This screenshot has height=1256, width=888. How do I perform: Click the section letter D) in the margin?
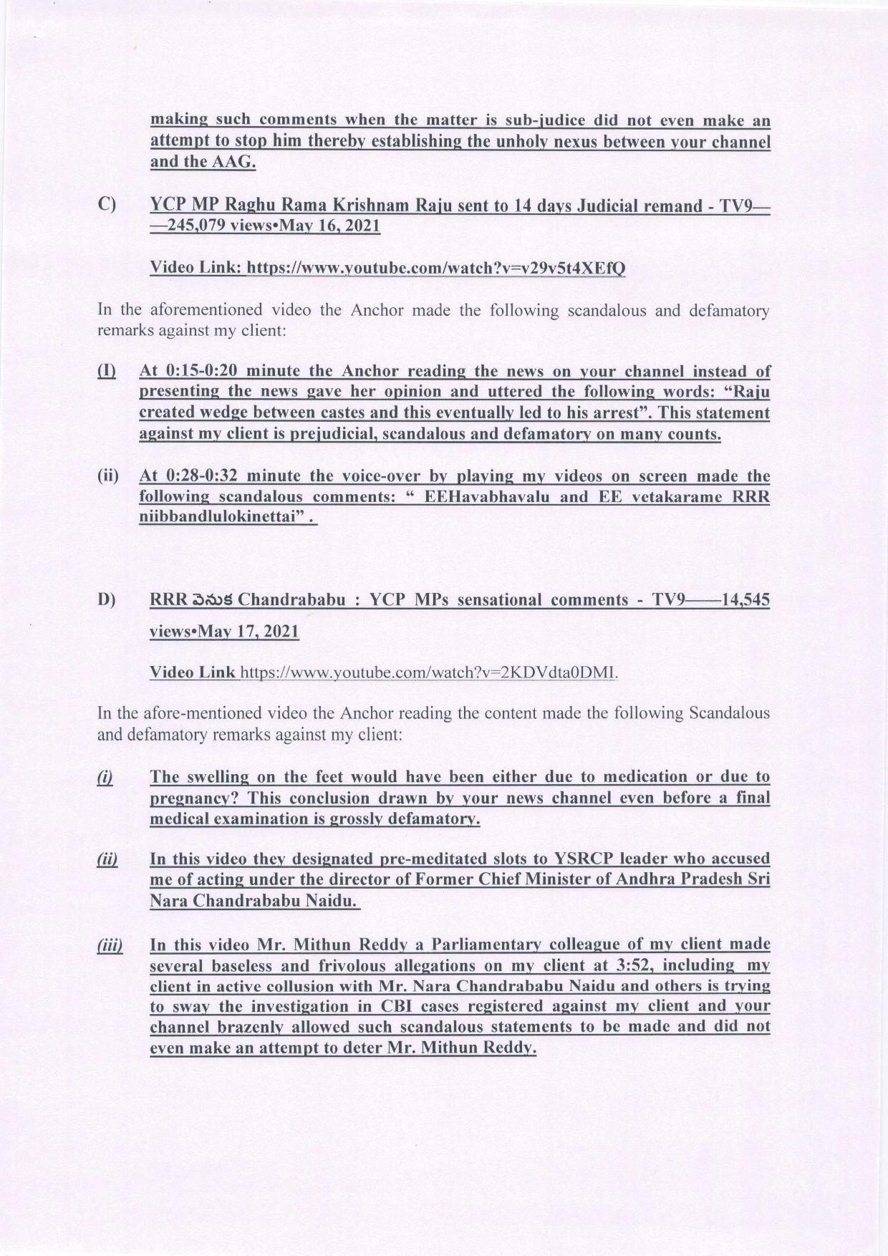[107, 599]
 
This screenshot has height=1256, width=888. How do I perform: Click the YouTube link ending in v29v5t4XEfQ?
[436, 268]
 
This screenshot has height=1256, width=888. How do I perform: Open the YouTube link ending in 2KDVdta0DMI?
[428, 672]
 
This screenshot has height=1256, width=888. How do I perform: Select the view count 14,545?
[745, 599]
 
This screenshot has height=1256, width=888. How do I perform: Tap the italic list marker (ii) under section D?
[107, 859]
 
